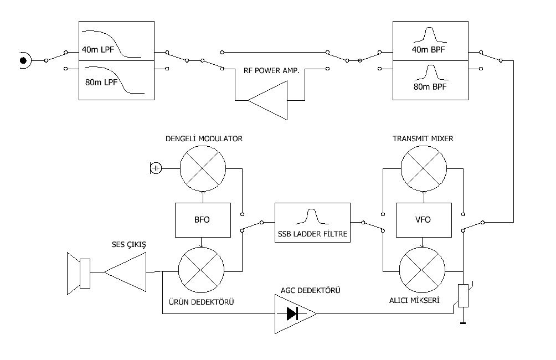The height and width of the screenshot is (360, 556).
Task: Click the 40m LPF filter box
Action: [x=116, y=41]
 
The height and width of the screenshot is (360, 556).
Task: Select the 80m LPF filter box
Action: [x=116, y=80]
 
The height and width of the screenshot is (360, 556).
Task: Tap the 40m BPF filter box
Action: [x=430, y=41]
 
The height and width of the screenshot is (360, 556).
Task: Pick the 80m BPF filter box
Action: [x=430, y=80]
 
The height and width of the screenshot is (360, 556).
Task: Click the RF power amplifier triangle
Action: [x=272, y=100]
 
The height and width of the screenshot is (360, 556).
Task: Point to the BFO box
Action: [x=202, y=219]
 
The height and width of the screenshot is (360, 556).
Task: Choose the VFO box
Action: [x=424, y=219]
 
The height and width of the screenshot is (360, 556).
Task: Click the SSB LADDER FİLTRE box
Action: [x=312, y=220]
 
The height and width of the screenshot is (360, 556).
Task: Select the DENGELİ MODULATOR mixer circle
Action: [x=203, y=168]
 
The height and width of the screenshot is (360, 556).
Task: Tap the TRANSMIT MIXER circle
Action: [x=424, y=168]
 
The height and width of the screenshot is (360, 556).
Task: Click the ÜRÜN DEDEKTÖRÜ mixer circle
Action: [x=202, y=271]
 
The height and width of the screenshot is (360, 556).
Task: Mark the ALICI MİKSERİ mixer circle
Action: [x=423, y=271]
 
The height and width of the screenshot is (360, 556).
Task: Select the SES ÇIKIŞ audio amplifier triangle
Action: [x=127, y=272]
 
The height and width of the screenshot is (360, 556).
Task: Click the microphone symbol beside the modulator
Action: [x=156, y=167]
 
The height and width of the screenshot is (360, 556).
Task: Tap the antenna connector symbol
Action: [x=24, y=59]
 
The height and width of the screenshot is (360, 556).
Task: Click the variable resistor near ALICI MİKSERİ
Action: [x=464, y=296]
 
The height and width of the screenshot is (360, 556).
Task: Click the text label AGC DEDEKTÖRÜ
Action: [x=310, y=290]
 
